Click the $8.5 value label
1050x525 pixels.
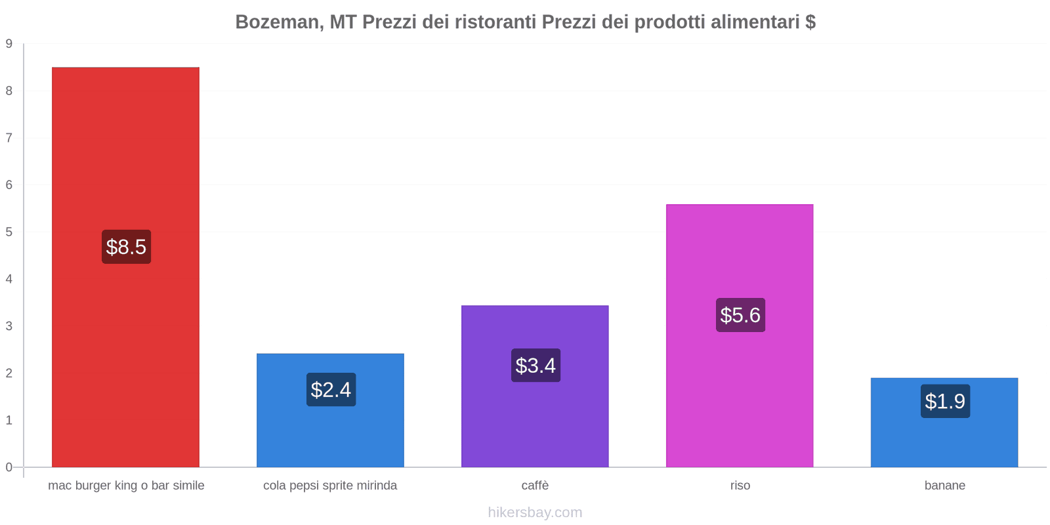[x=126, y=247]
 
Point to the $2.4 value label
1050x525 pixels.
[x=331, y=390]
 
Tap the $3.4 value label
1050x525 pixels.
[x=535, y=366]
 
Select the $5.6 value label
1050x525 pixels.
[x=740, y=315]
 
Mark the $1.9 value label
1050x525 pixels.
[x=945, y=401]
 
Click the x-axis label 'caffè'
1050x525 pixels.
[x=535, y=486]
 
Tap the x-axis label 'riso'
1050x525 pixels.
[x=740, y=486]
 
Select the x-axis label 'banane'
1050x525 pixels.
[x=944, y=486]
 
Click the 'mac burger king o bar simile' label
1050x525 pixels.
[x=126, y=486]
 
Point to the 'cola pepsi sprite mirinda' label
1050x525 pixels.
[x=330, y=486]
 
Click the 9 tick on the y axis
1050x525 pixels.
[x=9, y=44]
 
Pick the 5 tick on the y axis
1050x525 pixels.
[x=9, y=232]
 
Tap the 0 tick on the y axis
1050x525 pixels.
[x=9, y=467]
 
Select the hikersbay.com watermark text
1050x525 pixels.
[x=535, y=513]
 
